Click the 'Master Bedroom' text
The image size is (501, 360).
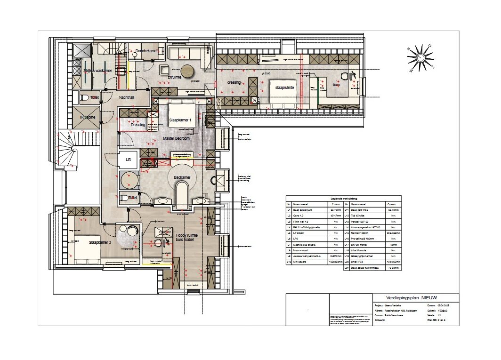[176, 139]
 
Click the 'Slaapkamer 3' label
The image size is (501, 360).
[100, 242]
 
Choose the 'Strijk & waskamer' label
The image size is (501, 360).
[97, 71]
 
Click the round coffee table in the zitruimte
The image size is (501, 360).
[189, 70]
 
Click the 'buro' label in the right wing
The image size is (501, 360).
[336, 85]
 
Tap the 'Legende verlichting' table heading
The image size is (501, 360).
[343, 199]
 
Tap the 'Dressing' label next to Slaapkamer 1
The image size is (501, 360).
[138, 125]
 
